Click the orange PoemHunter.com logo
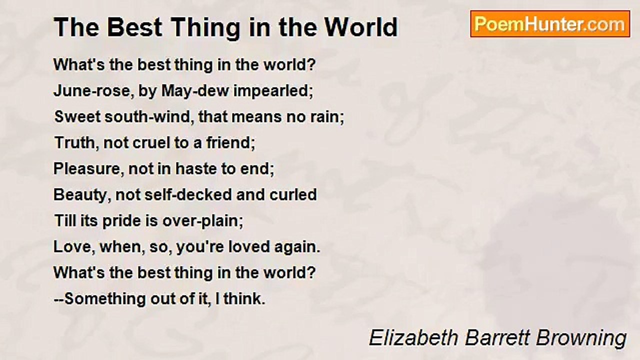pyautogui.click(x=550, y=24)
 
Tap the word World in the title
pyautogui.click(x=361, y=27)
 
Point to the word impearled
pyautogui.click(x=271, y=91)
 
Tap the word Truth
pyautogui.click(x=75, y=142)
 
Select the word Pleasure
pyautogui.click(x=87, y=168)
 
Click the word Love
pyautogui.click(x=72, y=247)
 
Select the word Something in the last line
pyautogui.click(x=105, y=299)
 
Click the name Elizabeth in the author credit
pyautogui.click(x=413, y=338)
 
